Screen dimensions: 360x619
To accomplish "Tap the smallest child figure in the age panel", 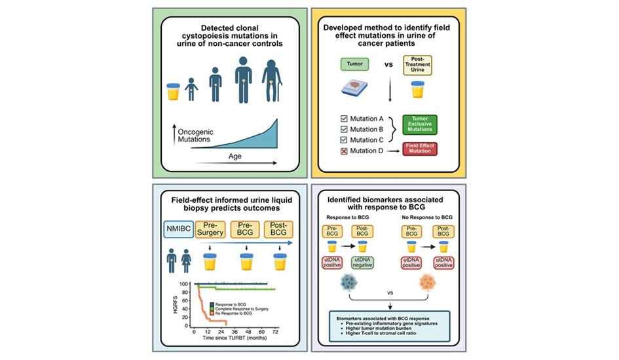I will [x=191, y=90].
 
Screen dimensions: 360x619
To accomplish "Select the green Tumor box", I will [x=356, y=63].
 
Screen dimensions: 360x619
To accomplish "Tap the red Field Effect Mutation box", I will [x=419, y=149].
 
